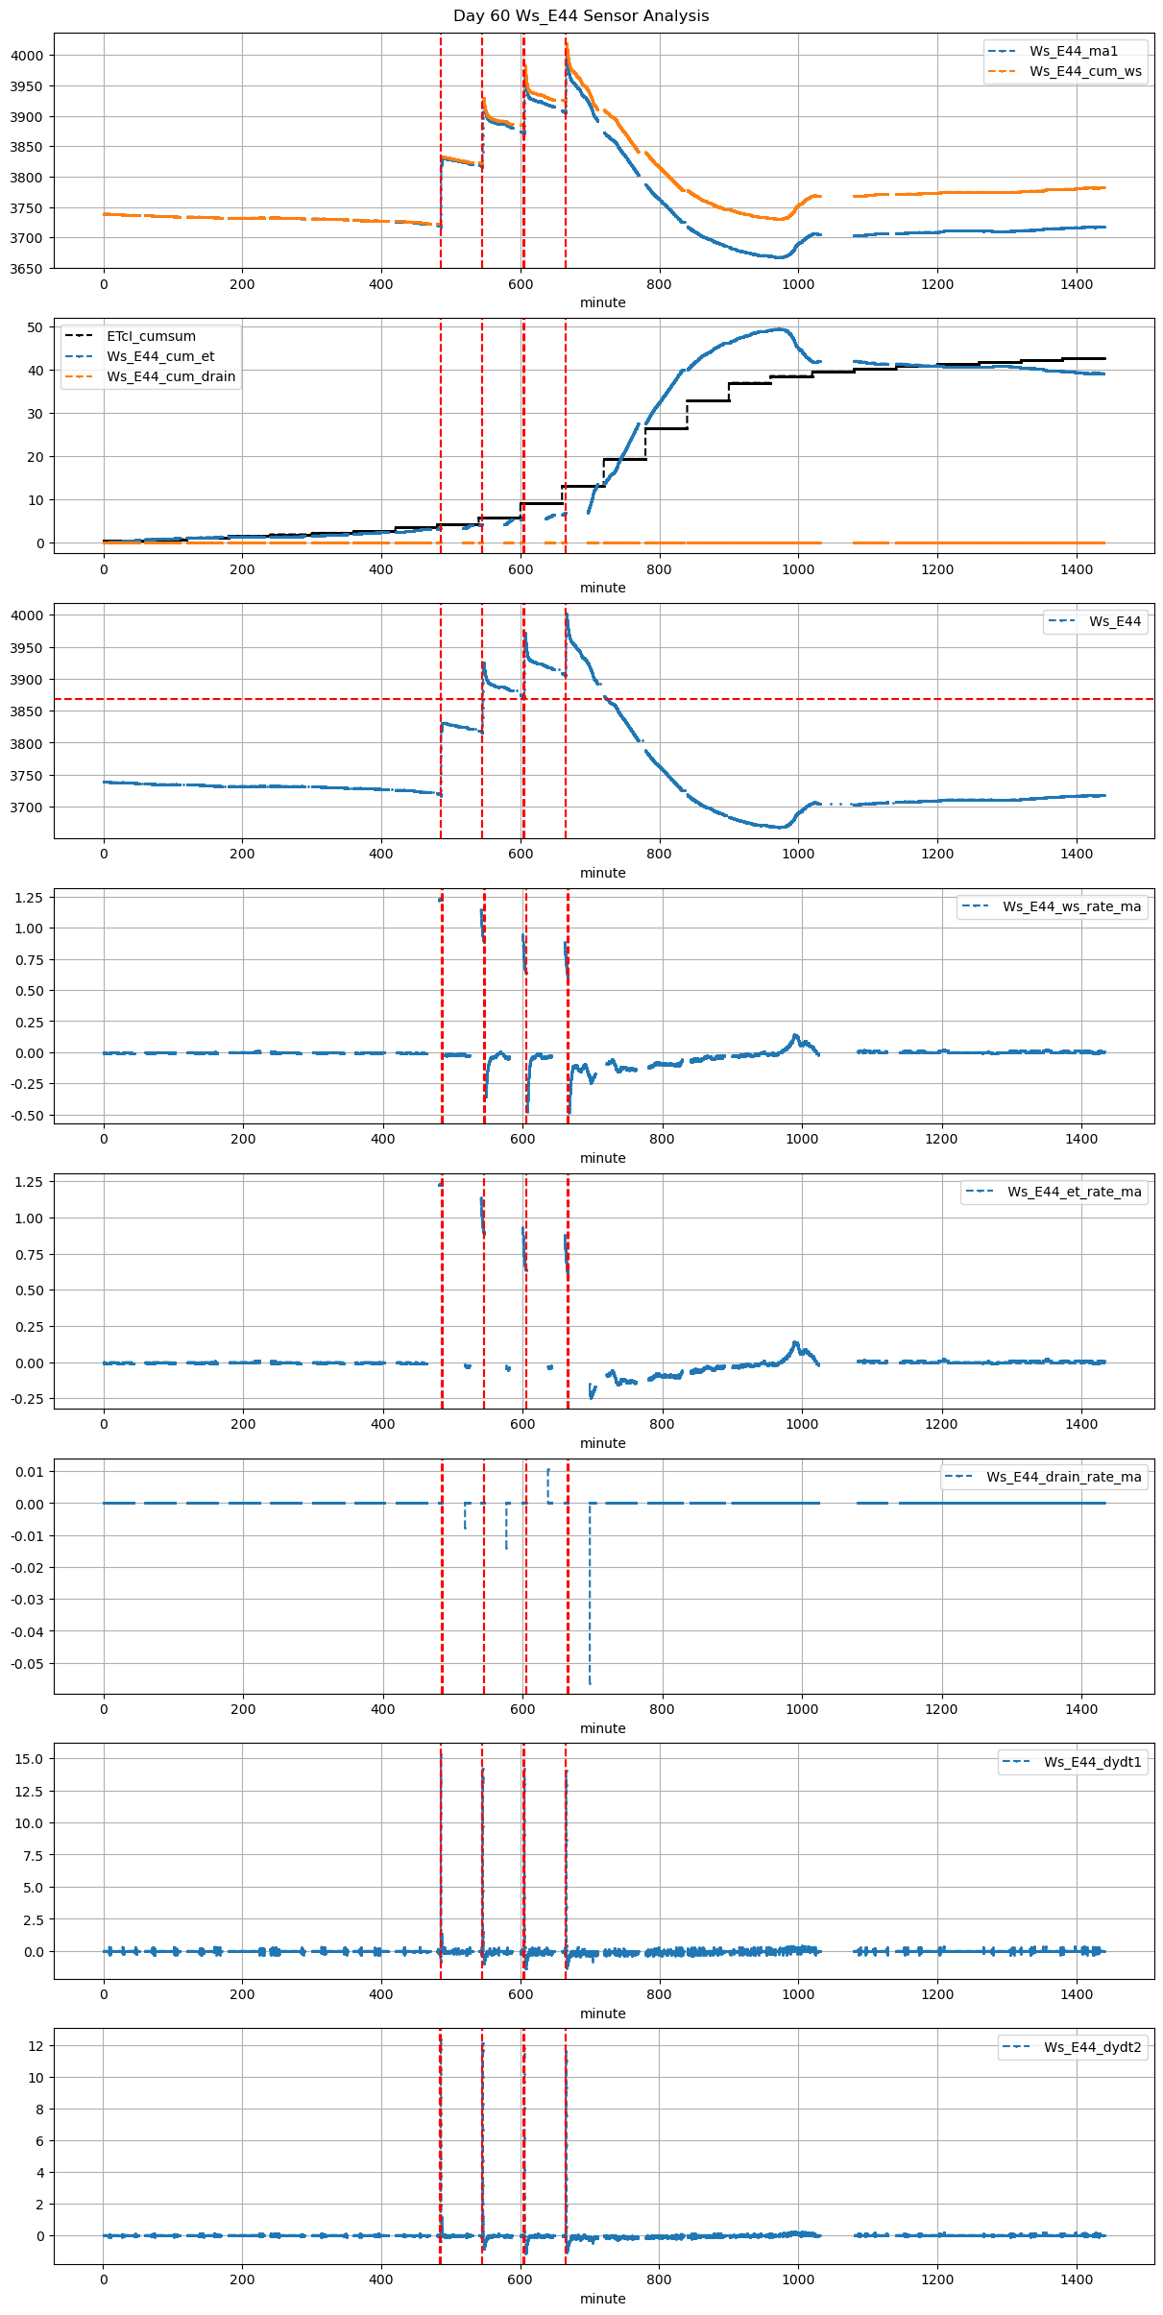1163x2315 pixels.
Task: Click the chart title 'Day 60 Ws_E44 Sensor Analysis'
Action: pyautogui.click(x=581, y=16)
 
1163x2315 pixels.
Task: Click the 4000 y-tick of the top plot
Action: pyautogui.click(x=27, y=56)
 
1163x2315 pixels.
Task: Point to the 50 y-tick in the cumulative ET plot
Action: pyautogui.click(x=36, y=327)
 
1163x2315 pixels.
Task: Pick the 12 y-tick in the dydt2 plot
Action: pyautogui.click(x=36, y=2046)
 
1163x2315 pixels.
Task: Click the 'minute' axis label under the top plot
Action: pyautogui.click(x=602, y=302)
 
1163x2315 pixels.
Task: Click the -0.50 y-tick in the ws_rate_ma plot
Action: pyautogui.click(x=29, y=1116)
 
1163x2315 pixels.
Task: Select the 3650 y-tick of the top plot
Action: pyautogui.click(x=27, y=269)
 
